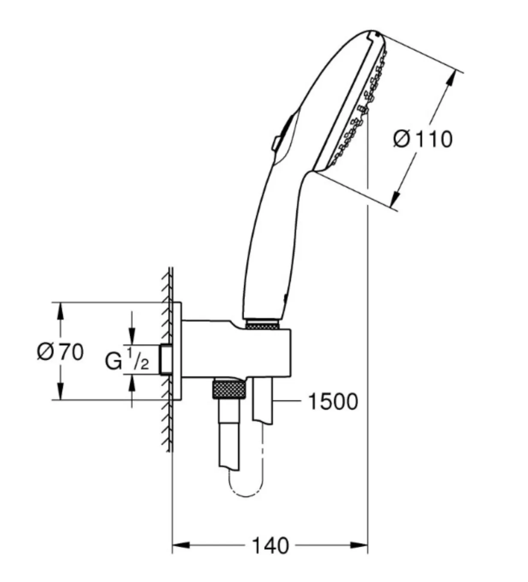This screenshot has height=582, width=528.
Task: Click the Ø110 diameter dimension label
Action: click(x=423, y=140)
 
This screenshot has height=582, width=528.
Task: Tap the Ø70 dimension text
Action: click(x=60, y=352)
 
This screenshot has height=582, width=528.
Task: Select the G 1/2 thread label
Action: click(x=127, y=360)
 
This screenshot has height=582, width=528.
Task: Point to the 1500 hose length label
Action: click(x=333, y=402)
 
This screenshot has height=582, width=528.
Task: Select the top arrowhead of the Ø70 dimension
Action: click(x=60, y=311)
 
